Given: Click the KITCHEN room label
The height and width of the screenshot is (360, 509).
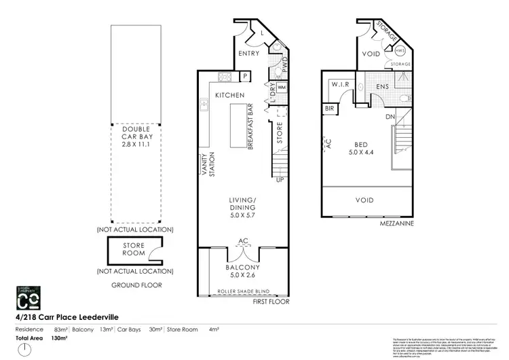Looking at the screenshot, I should pos(229,96).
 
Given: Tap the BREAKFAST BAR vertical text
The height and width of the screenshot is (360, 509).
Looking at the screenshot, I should pos(250,127).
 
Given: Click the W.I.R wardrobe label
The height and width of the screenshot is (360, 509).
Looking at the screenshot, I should pos(340,84).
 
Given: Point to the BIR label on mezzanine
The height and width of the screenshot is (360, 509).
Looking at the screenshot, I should pos(330,109).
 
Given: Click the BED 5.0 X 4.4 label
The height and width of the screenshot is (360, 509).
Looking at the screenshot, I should pos(364,148).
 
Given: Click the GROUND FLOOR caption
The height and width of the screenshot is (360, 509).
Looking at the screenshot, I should pos(136,285).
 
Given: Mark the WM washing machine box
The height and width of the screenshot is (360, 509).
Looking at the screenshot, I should pos(282,88).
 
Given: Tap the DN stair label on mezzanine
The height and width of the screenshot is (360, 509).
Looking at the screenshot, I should pos(390,117).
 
